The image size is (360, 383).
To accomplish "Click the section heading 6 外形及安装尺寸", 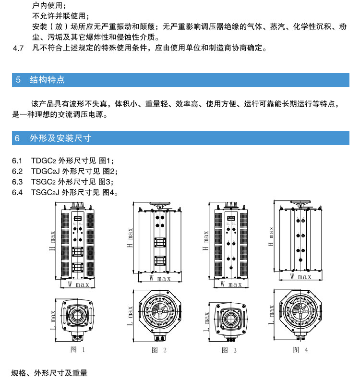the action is (x=53, y=138).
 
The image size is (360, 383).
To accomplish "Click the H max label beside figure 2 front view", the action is (x=130, y=238).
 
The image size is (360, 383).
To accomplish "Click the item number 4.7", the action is (x=18, y=48).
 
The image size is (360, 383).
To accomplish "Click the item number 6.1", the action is (x=17, y=161).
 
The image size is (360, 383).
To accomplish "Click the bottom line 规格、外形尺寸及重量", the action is (x=50, y=373).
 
